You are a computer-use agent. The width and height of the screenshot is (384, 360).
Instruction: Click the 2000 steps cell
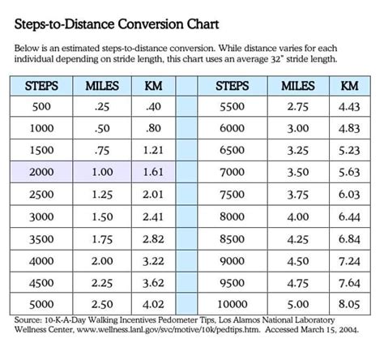coord(41,173)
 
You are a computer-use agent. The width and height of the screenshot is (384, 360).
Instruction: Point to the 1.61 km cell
coord(153,173)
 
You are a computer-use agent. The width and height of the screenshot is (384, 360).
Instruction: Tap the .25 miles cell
coord(101,107)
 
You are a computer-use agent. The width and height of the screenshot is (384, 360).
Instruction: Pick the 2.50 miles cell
coord(101,305)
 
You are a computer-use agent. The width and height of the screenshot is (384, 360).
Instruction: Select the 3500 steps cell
coord(41,238)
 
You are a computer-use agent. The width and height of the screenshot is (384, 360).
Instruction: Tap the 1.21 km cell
coord(153,151)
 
